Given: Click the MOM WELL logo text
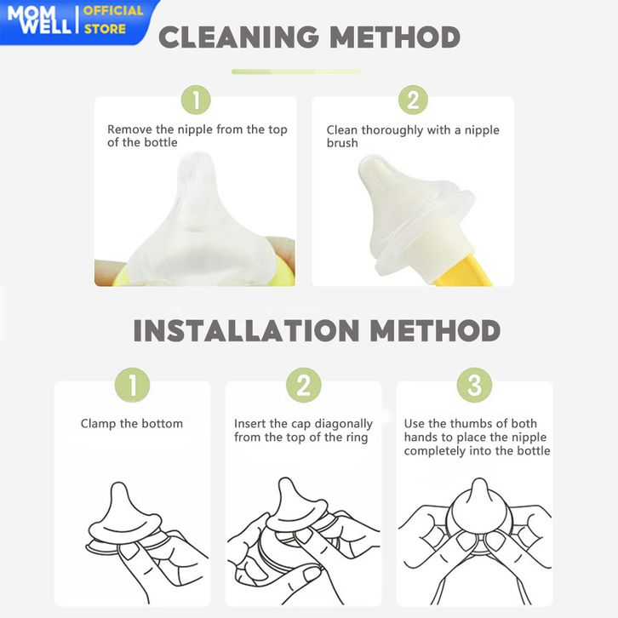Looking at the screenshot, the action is click(39, 20).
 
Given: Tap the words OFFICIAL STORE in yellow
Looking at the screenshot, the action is click(113, 20).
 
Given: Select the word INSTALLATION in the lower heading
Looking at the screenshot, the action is click(246, 330).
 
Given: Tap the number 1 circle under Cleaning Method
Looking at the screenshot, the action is click(196, 100).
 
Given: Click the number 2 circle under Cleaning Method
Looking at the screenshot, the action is click(413, 100).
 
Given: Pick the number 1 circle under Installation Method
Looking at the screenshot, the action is click(133, 385).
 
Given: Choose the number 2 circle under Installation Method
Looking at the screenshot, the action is click(304, 385).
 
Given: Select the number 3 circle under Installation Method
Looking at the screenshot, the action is click(474, 385).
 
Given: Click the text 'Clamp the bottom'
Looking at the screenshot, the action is click(132, 424).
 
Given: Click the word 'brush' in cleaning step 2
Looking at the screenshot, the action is click(342, 143).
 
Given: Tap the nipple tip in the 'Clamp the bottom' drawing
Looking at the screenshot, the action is click(118, 487).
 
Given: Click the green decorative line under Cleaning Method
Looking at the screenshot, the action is click(296, 72).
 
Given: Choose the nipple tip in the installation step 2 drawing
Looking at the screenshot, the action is click(287, 484).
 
